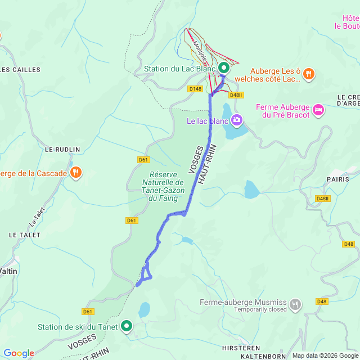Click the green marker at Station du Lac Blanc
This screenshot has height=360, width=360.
click(x=223, y=67)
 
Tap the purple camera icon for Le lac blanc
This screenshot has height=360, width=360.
click(x=237, y=119)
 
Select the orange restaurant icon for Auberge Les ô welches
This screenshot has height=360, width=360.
click(x=309, y=74)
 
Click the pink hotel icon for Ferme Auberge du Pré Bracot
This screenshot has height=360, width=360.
click(x=319, y=109)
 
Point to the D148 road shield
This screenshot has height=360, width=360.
click(x=195, y=89)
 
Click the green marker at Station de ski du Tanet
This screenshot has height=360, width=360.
click(x=127, y=326)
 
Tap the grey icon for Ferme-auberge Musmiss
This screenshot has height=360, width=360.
click(x=295, y=305)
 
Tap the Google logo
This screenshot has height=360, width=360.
click(x=18, y=353)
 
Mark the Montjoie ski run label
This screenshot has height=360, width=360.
click(x=199, y=47)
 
